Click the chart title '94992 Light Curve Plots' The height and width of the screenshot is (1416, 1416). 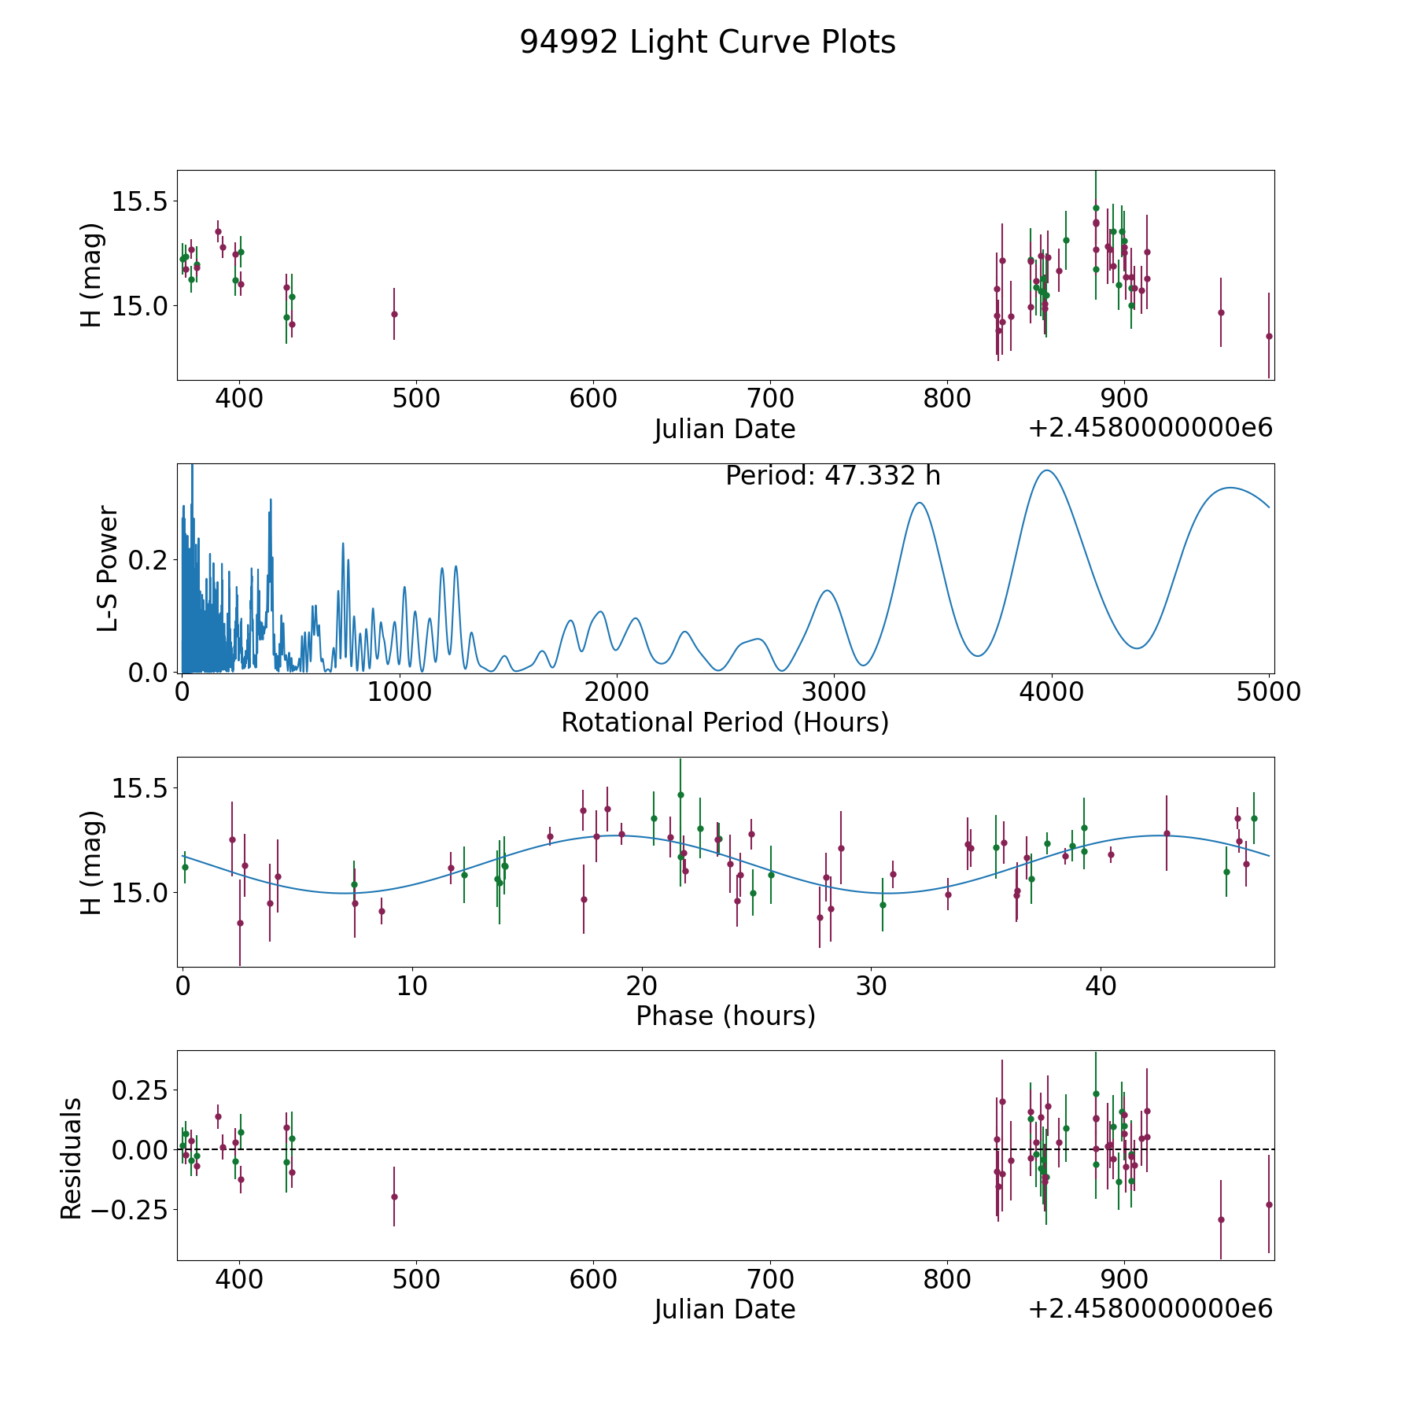(x=707, y=42)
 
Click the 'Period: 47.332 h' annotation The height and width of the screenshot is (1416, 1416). (x=832, y=476)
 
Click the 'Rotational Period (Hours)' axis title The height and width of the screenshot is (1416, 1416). (x=725, y=722)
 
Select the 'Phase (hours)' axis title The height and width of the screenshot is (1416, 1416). (x=725, y=1016)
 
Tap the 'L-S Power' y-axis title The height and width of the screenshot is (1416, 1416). (x=108, y=569)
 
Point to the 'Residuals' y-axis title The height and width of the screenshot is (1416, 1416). (x=71, y=1158)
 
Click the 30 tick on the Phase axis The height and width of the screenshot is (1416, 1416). (x=871, y=986)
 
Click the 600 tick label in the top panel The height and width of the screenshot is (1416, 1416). (x=592, y=399)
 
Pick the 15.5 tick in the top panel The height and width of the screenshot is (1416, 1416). (x=140, y=202)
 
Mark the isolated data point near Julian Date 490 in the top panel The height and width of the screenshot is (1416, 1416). (x=394, y=314)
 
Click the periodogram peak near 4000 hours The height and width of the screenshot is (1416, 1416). (x=1048, y=470)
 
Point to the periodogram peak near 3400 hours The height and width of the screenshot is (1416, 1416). (x=919, y=503)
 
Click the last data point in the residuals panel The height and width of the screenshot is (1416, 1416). (x=1268, y=1204)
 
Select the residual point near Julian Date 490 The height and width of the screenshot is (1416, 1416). (x=394, y=1197)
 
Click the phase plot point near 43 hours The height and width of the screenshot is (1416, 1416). (x=1167, y=833)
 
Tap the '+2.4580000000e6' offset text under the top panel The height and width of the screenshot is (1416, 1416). (x=1150, y=428)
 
